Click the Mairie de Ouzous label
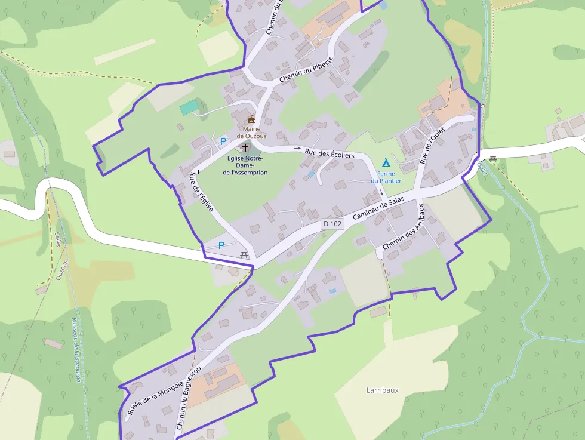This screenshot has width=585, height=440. pos(251,132)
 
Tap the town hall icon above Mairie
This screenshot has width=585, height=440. pos(251,119)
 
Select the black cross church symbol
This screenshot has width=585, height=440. pos(245,147)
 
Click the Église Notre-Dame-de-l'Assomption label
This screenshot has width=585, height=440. pos(245,165)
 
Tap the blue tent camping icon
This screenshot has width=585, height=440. pos(386,162)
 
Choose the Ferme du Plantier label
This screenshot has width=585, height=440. pos(386,177)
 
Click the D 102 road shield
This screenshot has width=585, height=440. pos(332,224)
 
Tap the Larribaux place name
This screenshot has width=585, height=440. pos(382,390)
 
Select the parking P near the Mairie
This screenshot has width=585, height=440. pos(223,141)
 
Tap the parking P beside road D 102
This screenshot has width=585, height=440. pos(221,245)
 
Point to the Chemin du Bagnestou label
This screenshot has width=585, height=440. pos(189,398)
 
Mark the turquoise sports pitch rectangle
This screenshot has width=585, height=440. pos(189,107)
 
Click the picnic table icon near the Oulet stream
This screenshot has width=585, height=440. pos(493,159)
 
